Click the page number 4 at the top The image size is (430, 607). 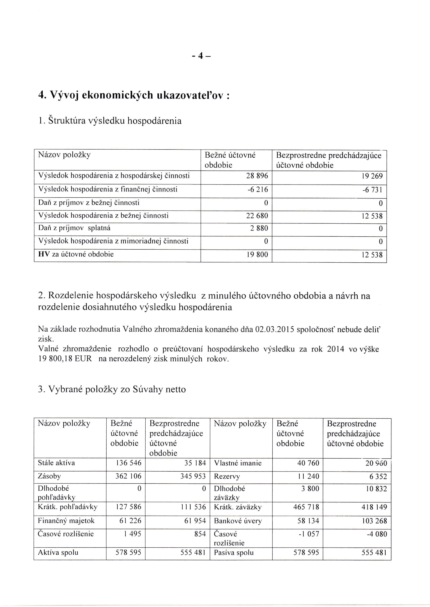(201, 56)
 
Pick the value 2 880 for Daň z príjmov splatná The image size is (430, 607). (259, 228)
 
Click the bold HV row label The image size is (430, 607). (42, 254)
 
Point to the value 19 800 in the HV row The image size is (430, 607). (257, 255)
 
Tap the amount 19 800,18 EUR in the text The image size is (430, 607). (65, 359)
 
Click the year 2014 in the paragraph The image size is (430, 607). (335, 349)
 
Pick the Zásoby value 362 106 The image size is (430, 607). (128, 476)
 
